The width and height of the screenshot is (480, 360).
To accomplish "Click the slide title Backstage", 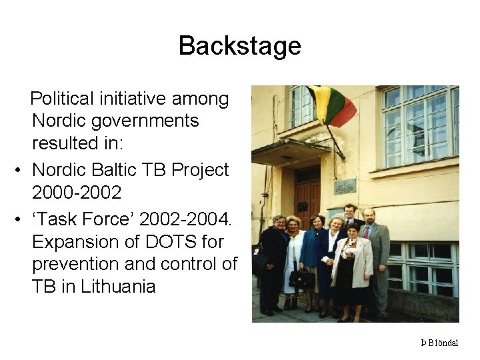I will [239, 46].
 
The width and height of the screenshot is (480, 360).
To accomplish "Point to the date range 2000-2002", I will [77, 193].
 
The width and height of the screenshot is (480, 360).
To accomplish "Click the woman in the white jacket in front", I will [353, 263].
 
